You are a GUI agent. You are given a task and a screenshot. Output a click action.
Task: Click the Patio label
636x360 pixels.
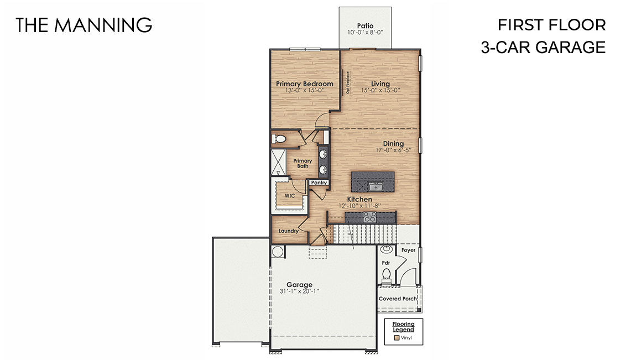pyautogui.click(x=365, y=25)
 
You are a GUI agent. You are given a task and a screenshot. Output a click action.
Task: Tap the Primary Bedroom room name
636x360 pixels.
pyautogui.click(x=304, y=84)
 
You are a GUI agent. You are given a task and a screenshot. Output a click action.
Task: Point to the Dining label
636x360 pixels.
pyautogui.click(x=393, y=144)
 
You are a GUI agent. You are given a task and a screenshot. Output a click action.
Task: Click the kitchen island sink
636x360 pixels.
pyautogui.click(x=374, y=186)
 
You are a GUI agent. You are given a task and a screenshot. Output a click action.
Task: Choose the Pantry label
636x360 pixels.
pyautogui.click(x=319, y=182)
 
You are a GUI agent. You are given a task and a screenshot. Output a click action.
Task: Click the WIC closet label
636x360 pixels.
pyautogui.click(x=289, y=196)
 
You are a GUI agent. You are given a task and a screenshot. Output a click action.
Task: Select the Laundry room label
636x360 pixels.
pyautogui.click(x=288, y=231)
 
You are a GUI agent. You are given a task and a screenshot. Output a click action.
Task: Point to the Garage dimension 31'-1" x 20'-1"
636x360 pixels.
pyautogui.click(x=299, y=291)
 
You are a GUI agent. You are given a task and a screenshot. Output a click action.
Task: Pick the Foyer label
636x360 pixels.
pyautogui.click(x=408, y=250)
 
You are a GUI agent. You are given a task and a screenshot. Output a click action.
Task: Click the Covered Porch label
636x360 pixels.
pyautogui.click(x=398, y=299)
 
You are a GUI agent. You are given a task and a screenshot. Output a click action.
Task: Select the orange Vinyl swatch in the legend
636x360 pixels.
pyautogui.click(x=396, y=337)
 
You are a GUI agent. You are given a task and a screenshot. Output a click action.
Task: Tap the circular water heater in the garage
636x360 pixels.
pyautogui.click(x=277, y=252)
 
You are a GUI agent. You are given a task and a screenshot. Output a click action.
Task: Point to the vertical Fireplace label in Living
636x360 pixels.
pyautogui.click(x=348, y=84)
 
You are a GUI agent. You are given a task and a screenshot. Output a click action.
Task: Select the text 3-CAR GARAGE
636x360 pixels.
pyautogui.click(x=543, y=48)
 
